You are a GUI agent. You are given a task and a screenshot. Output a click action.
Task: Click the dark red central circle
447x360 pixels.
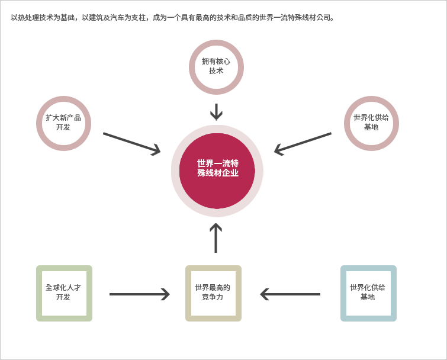coord(217,171)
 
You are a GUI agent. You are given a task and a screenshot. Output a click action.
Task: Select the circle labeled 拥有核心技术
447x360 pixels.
coord(216,43)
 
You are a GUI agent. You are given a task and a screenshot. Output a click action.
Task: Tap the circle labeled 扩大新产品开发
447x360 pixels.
coord(63,99)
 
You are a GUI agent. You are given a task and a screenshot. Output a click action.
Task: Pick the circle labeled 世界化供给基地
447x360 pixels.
coord(371,99)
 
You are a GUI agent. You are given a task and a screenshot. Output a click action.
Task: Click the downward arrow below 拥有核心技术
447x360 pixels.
coord(216,112)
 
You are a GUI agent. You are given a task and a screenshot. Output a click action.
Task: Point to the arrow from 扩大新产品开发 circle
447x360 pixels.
coord(131,143)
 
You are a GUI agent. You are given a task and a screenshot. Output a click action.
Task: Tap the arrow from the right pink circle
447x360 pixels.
coord(303,143)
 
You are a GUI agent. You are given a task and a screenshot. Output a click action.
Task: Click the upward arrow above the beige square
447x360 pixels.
coord(216,238)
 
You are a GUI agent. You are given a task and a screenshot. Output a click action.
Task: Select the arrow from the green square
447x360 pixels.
coord(139,294)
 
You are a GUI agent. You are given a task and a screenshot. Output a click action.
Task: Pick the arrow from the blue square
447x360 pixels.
coord(290,294)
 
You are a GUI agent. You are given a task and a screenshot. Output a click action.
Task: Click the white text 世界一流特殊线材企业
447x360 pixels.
coord(218,168)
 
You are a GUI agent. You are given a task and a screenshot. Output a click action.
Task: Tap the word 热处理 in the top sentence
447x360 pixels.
coord(28,18)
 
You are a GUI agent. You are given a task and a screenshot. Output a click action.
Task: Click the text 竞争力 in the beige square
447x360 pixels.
coord(213,297)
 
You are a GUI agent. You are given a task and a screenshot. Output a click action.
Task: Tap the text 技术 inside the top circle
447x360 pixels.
coord(216,70)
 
